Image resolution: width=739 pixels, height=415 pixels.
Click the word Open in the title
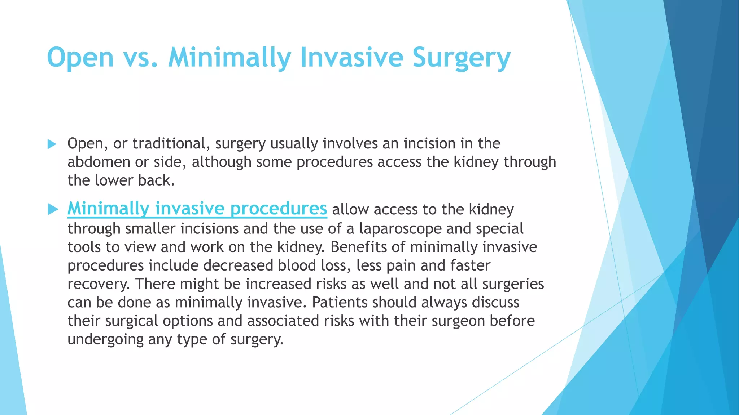point(80,58)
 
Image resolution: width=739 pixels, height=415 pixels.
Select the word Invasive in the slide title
point(351,58)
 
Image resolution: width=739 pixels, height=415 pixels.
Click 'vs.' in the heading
point(140,58)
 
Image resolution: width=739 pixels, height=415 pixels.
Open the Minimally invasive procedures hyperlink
point(197,209)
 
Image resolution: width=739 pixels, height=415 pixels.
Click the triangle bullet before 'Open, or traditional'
point(52,144)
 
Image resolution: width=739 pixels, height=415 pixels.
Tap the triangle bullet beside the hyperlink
point(53,209)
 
